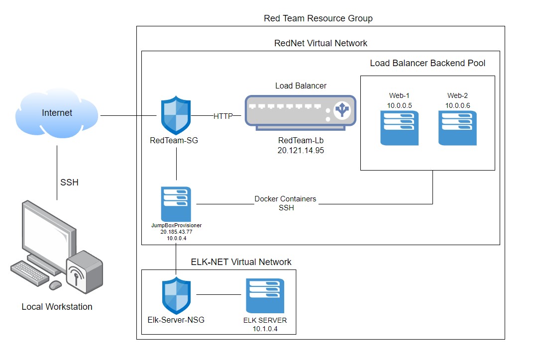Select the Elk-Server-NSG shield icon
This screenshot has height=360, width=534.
pos(176,295)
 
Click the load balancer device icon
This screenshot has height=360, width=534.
pos(301,113)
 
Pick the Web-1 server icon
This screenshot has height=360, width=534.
pos(400,128)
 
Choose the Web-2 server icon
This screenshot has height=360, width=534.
pos(458,128)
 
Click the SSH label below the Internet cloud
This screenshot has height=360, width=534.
pos(69,182)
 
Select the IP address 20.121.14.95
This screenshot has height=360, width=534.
pos(301,150)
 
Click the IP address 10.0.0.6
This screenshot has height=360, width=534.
pos(458,105)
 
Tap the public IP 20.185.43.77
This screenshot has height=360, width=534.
pos(176,232)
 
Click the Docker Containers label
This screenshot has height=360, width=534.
pos(285,199)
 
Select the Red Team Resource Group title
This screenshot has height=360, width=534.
pos(318,18)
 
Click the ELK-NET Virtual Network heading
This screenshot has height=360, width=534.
pos(241,262)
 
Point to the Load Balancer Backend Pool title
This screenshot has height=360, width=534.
pos(427,63)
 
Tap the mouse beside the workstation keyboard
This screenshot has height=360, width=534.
pos(55,285)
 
